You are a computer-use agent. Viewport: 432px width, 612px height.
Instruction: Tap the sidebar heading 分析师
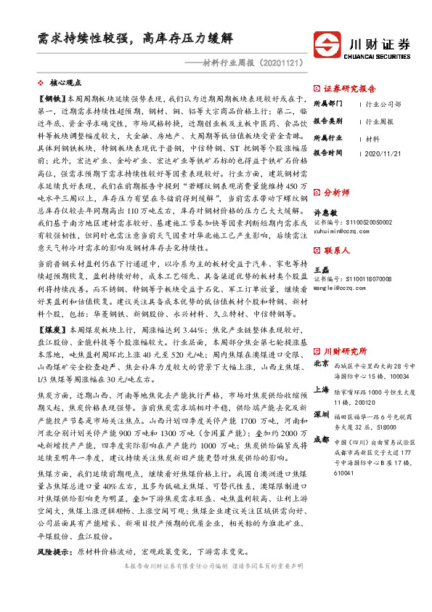[336, 173]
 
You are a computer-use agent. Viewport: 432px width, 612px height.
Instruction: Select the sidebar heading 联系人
[336, 230]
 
